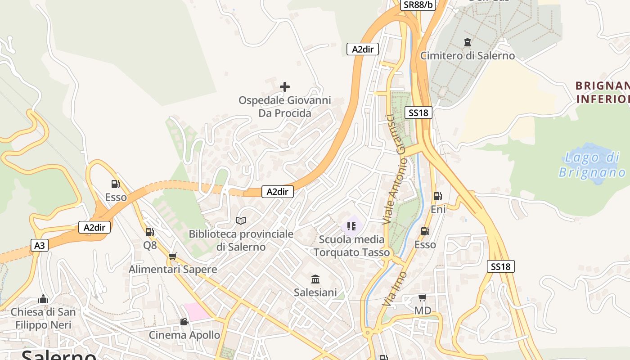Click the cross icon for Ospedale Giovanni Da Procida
coord(285,86)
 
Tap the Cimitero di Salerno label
coord(467,56)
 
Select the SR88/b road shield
coord(418,4)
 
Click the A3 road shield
coord(40,245)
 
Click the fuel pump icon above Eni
coord(437,196)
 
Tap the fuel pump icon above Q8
coord(150,232)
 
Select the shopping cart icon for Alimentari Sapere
coord(173,256)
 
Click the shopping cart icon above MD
coord(422,297)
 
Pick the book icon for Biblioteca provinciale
coord(241,220)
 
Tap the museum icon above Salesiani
coord(315,279)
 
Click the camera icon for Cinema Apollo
coord(184,321)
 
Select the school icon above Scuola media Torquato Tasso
coord(351,226)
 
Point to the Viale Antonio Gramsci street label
coord(395,169)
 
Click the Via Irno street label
coord(394,288)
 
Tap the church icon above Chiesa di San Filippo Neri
coord(43,299)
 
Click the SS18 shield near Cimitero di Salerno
coord(418,112)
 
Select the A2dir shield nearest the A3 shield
coord(94,227)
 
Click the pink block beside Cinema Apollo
coord(197,312)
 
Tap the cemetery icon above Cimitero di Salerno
coord(468,42)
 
